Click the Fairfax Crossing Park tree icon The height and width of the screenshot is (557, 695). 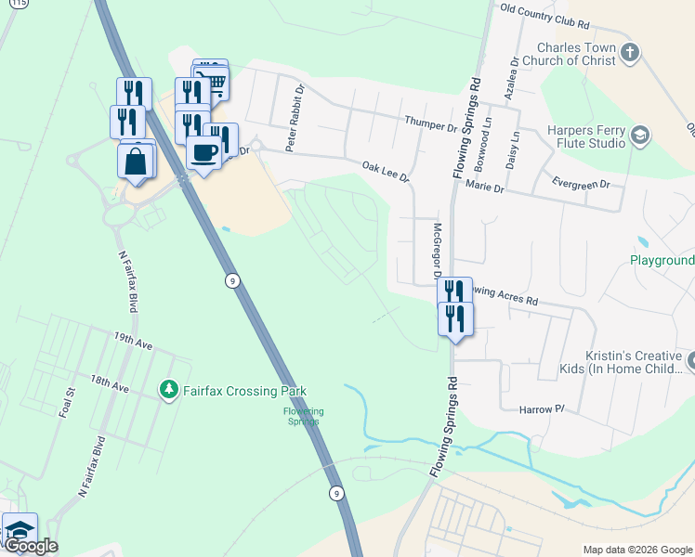[168, 390]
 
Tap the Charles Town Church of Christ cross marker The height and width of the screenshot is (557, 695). [630, 52]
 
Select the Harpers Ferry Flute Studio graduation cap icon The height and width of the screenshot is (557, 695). [639, 136]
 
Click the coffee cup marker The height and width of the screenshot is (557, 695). [203, 152]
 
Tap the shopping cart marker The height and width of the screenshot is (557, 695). [215, 82]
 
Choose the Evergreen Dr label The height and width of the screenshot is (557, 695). [581, 184]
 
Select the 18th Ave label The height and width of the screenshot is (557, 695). [110, 382]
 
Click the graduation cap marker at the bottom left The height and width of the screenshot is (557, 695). [20, 530]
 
